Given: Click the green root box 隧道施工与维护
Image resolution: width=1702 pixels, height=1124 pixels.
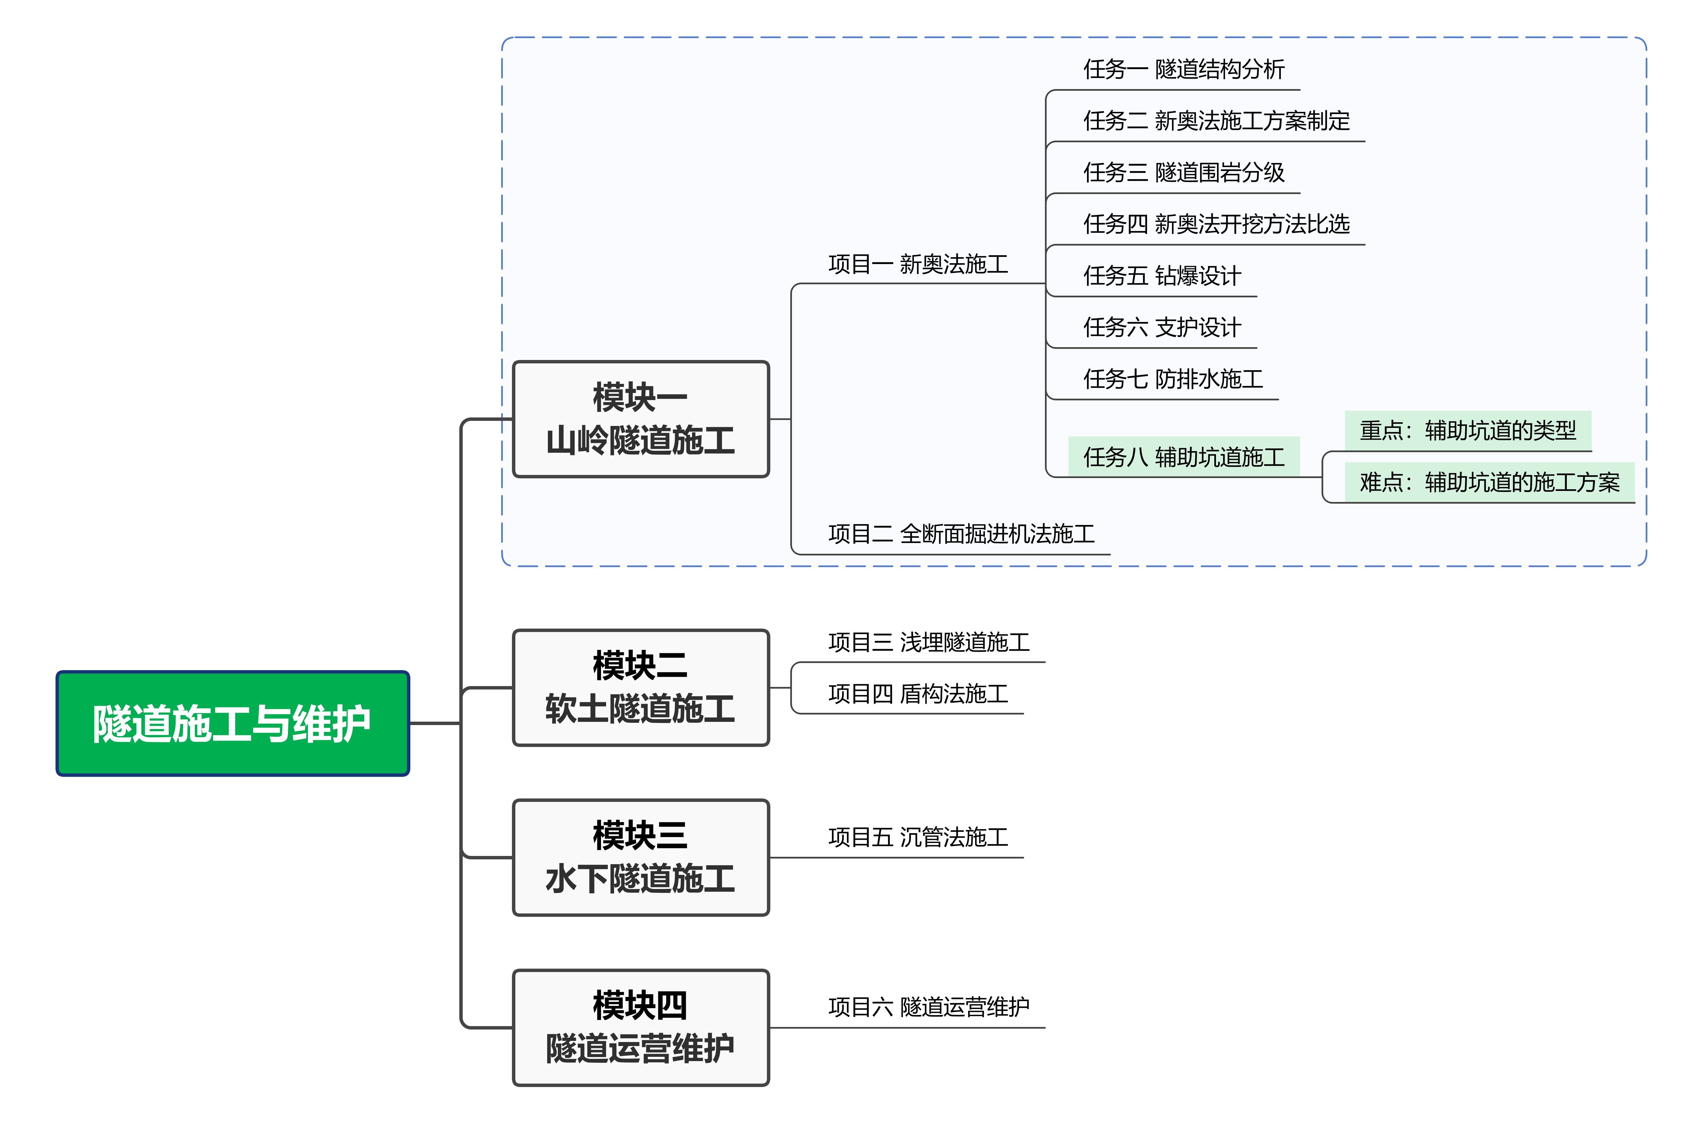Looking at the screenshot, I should tap(232, 723).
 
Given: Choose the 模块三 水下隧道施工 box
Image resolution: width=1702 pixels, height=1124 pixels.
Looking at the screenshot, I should tap(640, 857).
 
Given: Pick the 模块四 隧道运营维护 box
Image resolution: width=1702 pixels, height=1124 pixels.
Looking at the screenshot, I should tap(640, 1027).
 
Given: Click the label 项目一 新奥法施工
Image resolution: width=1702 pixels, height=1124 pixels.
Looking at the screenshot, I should tap(918, 265).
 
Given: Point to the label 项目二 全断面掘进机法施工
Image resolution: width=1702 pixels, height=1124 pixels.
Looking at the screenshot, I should tap(961, 534).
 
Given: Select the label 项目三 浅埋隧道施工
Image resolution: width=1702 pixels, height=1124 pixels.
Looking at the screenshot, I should tap(929, 642).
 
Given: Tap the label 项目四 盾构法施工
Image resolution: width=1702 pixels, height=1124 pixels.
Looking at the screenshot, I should tap(918, 694).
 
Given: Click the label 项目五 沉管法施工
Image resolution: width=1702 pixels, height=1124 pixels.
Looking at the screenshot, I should tap(918, 837).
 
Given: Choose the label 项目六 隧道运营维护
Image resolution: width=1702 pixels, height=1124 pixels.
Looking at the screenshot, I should tap(929, 1007).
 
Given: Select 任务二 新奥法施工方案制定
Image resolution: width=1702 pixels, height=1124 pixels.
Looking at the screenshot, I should tap(1216, 121).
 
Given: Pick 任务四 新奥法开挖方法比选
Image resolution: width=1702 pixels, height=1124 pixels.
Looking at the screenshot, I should tap(1216, 224).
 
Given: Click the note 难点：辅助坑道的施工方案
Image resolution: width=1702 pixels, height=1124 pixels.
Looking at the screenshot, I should tap(1489, 482).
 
